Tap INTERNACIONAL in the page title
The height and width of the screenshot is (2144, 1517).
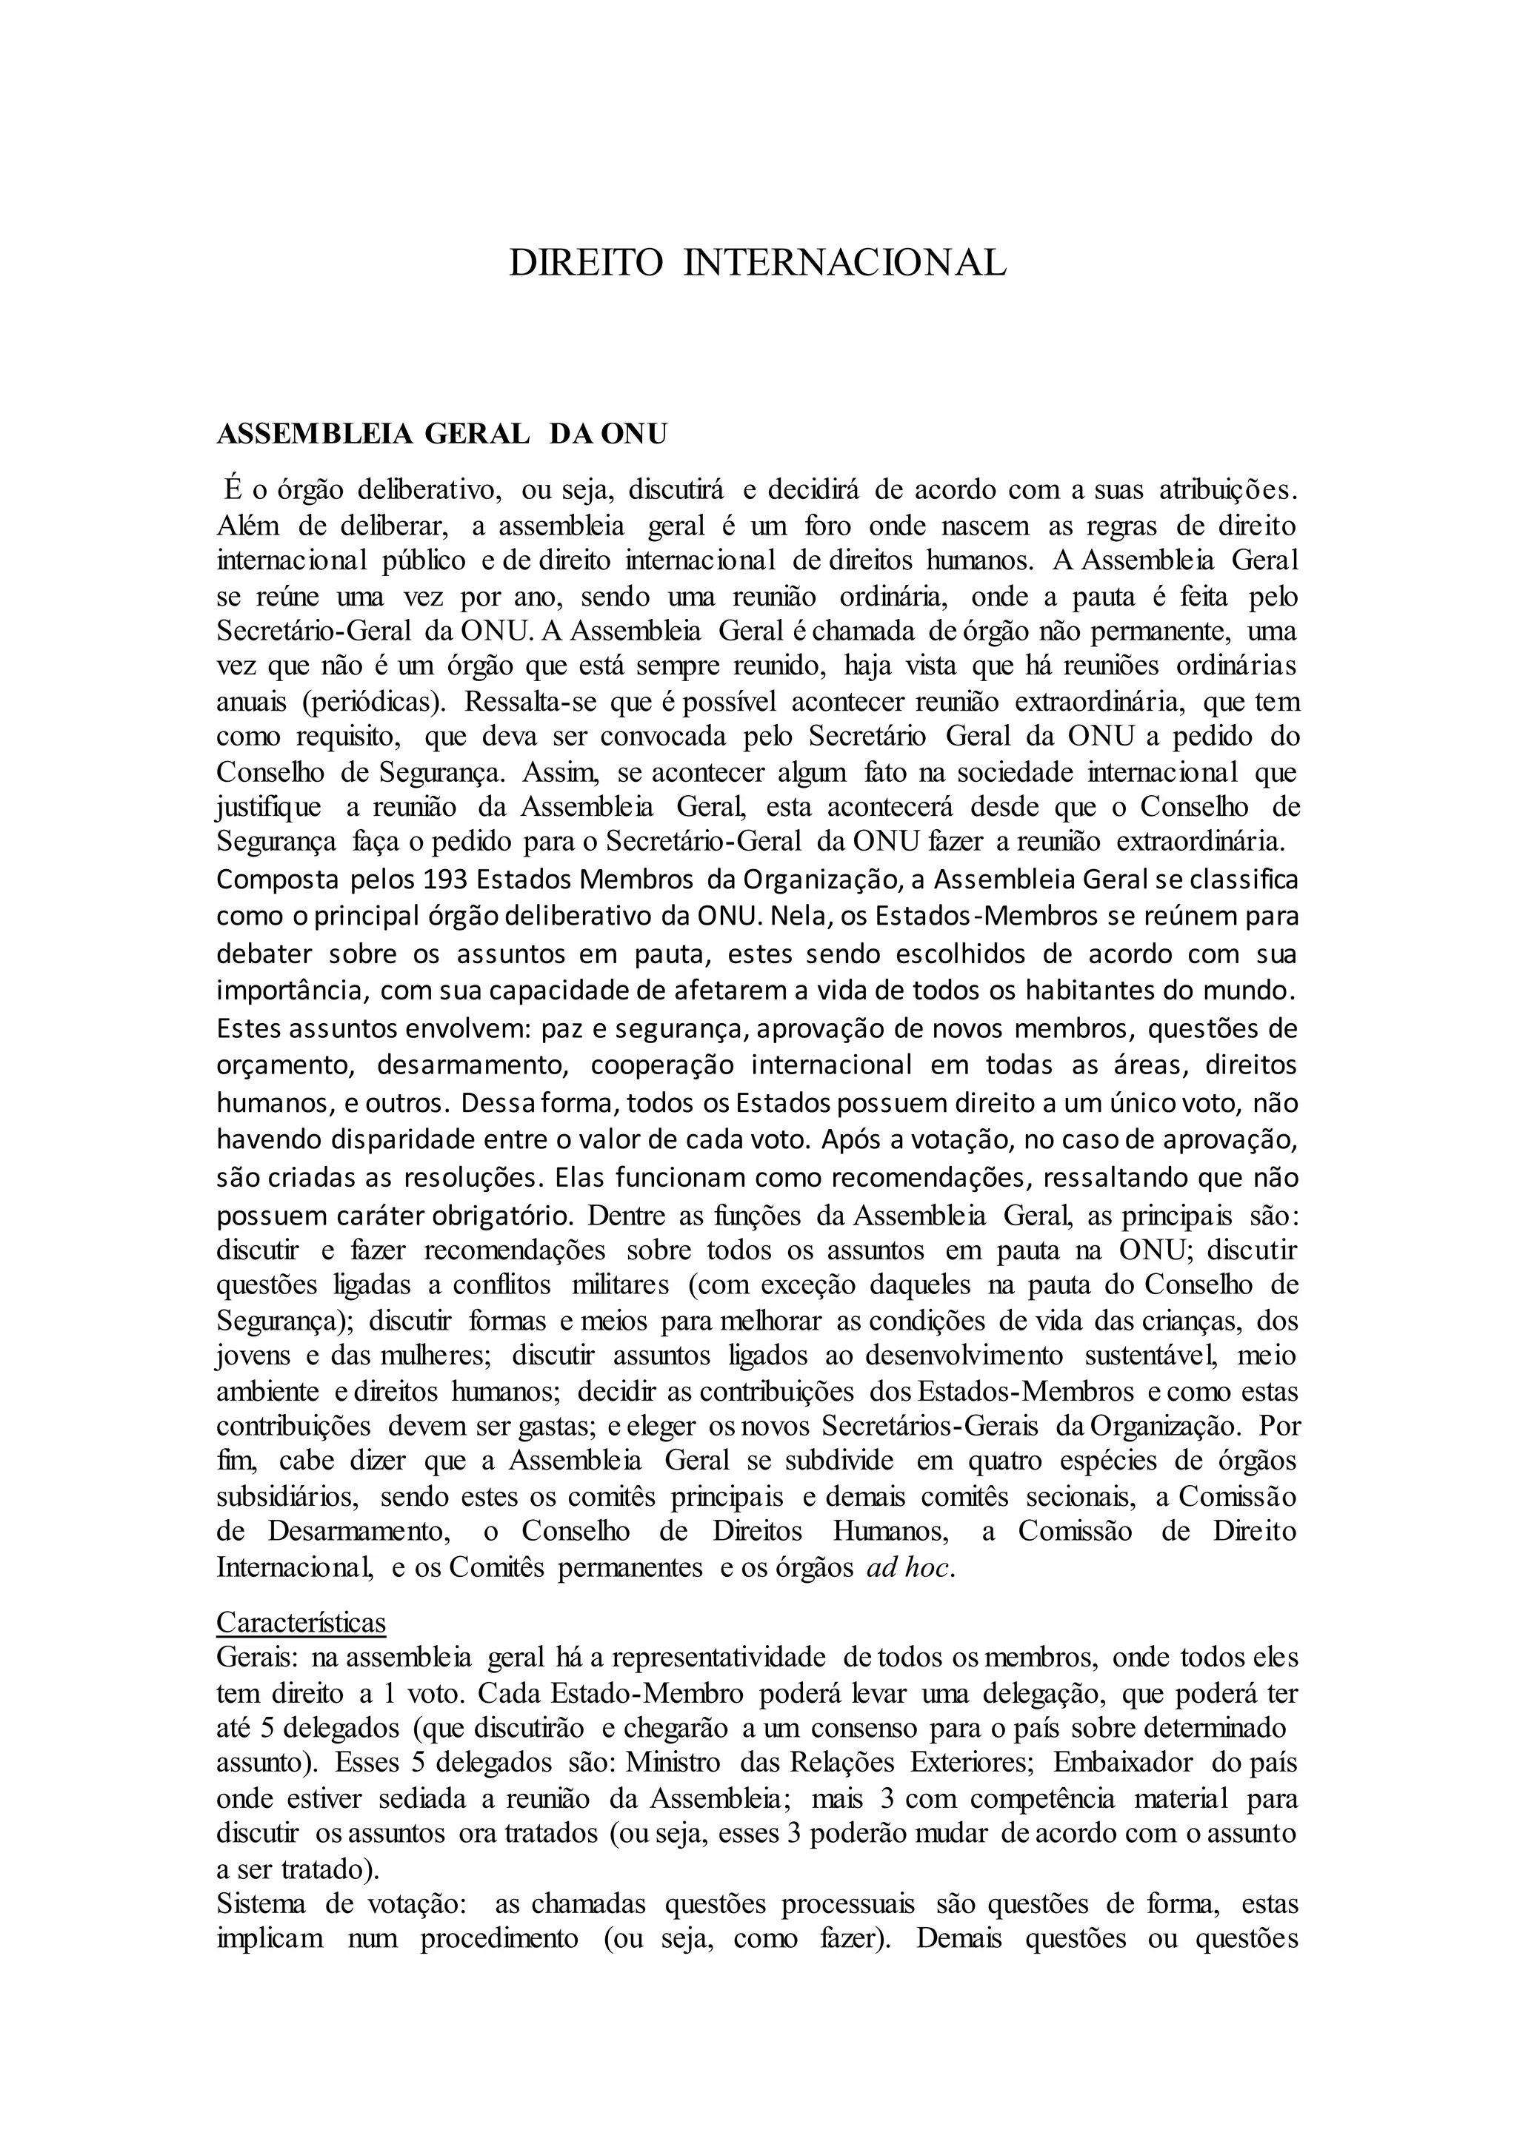click(845, 264)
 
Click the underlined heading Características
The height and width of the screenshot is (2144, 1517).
click(301, 1622)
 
